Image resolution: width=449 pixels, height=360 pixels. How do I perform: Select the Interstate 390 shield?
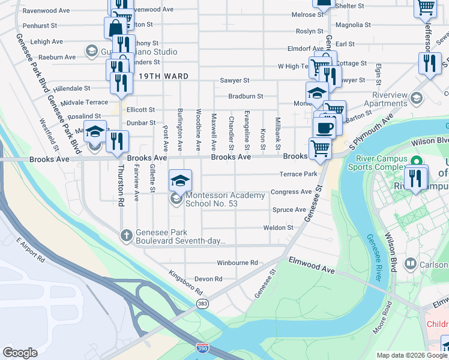202,348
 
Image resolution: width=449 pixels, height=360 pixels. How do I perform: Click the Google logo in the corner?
20,352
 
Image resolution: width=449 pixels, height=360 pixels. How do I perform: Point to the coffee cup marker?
324,127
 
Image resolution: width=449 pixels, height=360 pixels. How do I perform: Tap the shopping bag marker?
115,28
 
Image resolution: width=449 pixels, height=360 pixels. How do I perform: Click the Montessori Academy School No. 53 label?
224,200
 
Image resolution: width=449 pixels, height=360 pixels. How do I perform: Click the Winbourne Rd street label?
237,263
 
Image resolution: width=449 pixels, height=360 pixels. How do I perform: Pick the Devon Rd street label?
208,279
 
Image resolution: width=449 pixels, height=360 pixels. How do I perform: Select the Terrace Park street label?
298,175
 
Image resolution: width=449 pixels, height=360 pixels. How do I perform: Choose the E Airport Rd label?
31,251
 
